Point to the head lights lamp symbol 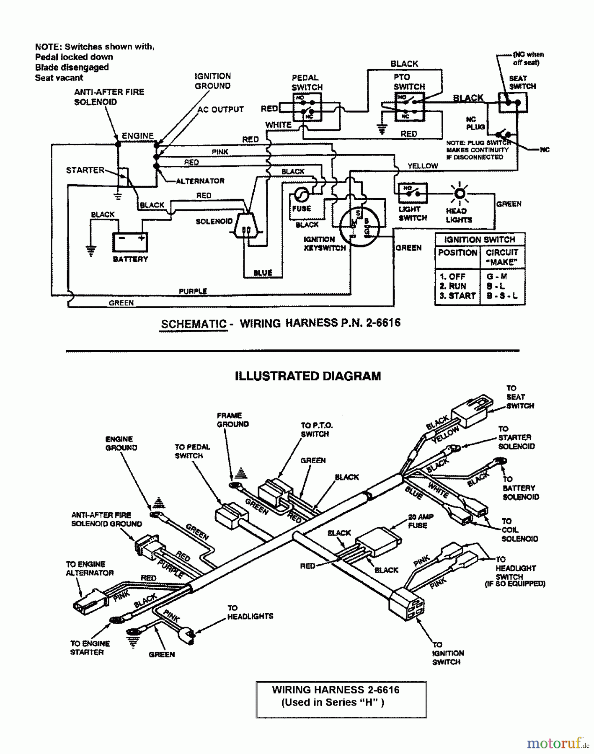tap(460, 194)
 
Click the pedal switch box tap(307, 107)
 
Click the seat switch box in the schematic tap(512, 102)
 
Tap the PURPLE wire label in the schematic tap(193, 291)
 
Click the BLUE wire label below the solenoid tap(263, 273)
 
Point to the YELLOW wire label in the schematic tap(423, 166)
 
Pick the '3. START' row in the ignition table tap(457, 296)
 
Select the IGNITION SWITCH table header tap(480, 240)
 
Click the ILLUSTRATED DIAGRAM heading tap(308, 376)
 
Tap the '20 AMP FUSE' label tap(420, 521)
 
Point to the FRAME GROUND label tap(232, 420)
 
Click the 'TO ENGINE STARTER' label tap(90, 648)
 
